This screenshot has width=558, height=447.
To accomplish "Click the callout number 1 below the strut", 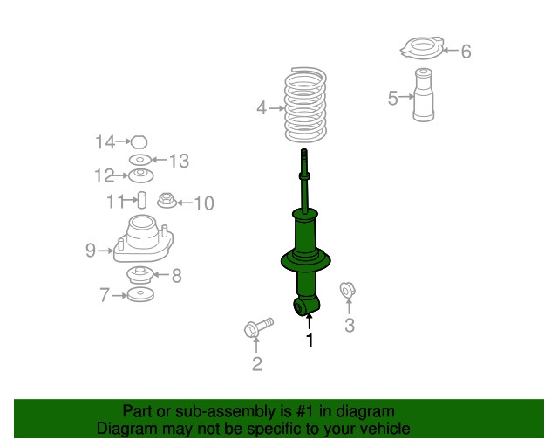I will (309, 340).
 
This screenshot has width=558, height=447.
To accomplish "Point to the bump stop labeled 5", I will (424, 99).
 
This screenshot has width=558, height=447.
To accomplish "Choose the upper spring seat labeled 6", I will (421, 50).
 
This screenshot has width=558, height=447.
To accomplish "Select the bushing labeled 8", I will (139, 276).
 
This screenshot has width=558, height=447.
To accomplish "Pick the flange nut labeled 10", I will (166, 202).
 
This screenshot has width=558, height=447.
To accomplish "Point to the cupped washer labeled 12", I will (140, 176).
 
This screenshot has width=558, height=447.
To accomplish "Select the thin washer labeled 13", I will (139, 161).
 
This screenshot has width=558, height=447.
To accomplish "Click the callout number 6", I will (466, 52).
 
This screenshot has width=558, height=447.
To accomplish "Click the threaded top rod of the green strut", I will (306, 166).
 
